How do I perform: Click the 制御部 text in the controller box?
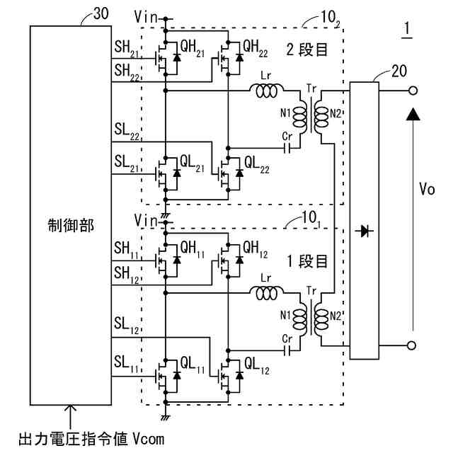[71, 226]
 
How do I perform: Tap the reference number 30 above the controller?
[101, 13]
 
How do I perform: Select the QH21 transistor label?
[193, 47]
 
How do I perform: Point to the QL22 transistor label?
[257, 165]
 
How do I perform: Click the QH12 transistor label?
[256, 250]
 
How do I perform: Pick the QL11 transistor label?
[193, 365]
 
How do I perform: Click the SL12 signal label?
[127, 326]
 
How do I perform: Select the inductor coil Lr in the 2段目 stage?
[266, 91]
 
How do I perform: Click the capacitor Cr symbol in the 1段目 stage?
[287, 351]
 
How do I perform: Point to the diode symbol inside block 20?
[364, 231]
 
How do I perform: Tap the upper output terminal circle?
[413, 91]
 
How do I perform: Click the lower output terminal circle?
[411, 345]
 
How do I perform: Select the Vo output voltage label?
[427, 190]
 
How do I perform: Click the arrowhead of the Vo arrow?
[413, 114]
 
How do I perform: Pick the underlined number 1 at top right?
[407, 29]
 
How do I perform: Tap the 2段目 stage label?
[307, 50]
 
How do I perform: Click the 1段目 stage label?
[308, 261]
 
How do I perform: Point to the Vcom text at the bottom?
[149, 439]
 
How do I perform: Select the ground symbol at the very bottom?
[166, 418]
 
